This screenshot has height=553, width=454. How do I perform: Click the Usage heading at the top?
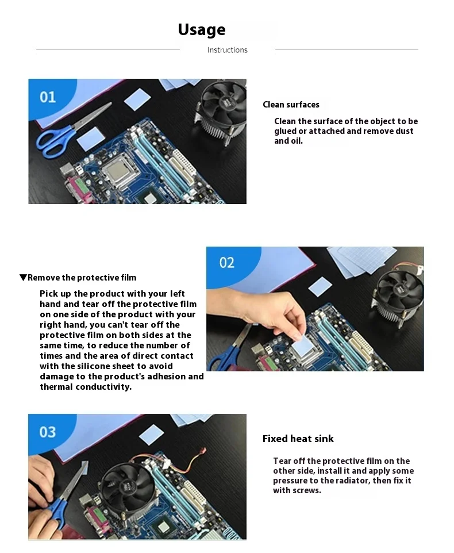pyautogui.click(x=202, y=30)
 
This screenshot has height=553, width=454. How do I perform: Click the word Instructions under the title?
pyautogui.click(x=228, y=50)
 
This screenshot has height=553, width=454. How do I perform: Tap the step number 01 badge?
pyautogui.click(x=48, y=97)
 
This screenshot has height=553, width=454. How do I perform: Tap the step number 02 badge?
pyautogui.click(x=226, y=263)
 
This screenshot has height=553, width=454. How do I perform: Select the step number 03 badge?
pyautogui.click(x=48, y=432)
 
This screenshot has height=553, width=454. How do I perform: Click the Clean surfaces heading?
pyautogui.click(x=291, y=105)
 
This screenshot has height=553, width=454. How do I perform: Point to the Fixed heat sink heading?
pyautogui.click(x=298, y=439)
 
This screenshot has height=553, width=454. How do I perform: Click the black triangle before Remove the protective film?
pyautogui.click(x=23, y=278)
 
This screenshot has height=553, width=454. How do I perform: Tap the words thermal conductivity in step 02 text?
pyautogui.click(x=86, y=387)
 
